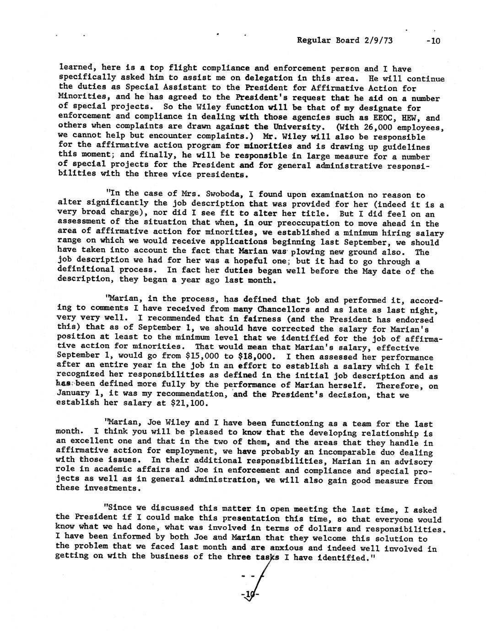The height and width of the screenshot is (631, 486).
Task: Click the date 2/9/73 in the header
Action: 378,40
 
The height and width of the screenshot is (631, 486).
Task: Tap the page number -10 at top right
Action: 432,41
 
